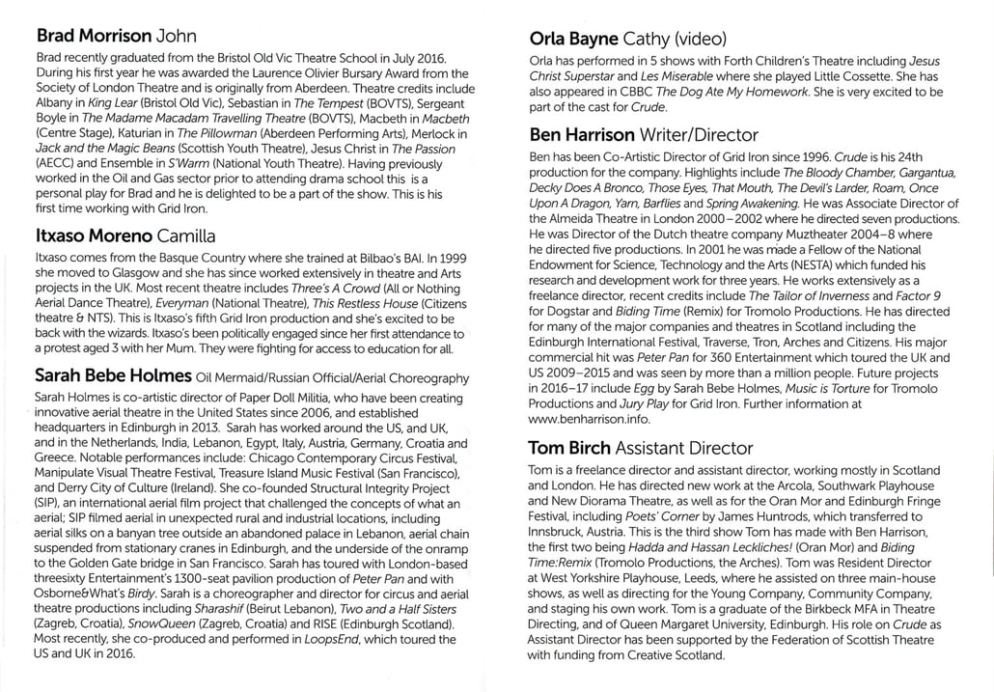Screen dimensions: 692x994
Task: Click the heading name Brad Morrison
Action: [x=94, y=36]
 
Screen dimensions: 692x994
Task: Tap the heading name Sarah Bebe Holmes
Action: [x=112, y=375]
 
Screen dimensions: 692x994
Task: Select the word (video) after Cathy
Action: [x=708, y=40]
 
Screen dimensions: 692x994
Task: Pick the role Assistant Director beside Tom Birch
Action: [x=683, y=448]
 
